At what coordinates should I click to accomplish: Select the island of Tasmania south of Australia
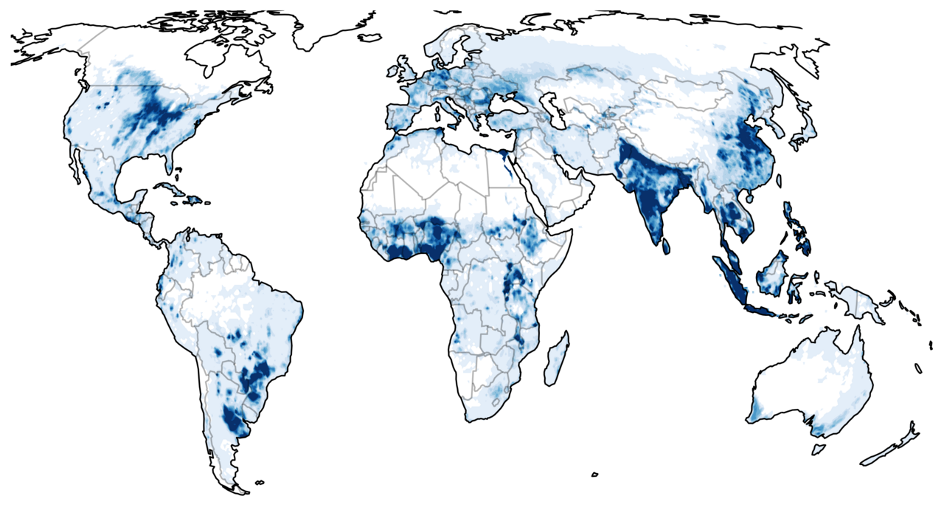817,449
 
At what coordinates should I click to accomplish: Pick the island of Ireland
391,72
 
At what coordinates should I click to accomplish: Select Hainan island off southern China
749,196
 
